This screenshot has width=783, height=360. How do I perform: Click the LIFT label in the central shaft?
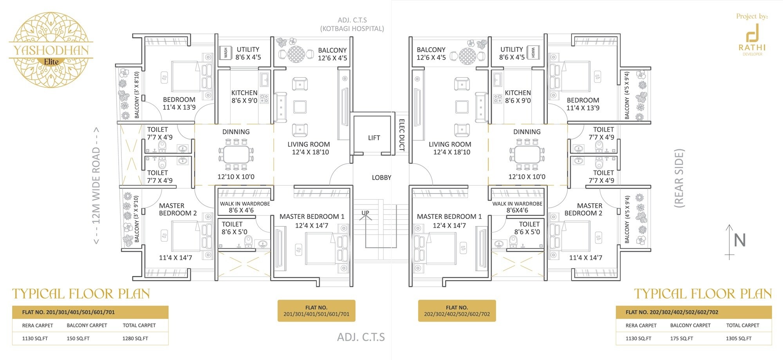pos(373,138)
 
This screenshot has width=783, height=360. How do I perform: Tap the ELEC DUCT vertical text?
pos(401,135)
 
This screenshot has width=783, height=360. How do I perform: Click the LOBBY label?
pos(381,177)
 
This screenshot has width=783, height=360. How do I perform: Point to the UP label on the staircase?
pos(365,213)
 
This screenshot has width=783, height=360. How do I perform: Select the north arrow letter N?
pos(739,240)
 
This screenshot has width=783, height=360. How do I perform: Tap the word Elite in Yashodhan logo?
pos(51,62)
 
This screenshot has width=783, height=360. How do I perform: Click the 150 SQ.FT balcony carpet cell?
pos(78,338)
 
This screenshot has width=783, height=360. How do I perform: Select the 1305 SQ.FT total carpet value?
pos(738,338)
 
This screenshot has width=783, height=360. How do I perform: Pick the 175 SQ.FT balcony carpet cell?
pos(681,338)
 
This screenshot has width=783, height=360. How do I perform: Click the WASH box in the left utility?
pos(226,53)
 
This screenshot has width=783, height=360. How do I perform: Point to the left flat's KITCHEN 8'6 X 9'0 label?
pos(244,97)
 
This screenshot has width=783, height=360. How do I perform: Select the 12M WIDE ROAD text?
pos(96,186)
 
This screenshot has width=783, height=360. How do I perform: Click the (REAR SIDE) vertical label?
pos(679,178)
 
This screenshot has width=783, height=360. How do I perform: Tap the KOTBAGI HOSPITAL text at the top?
pos(352,29)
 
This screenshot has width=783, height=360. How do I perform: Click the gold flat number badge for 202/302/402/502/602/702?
pos(456,311)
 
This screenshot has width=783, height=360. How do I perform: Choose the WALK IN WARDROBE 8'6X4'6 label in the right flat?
pos(517,207)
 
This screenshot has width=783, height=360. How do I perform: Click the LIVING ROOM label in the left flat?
pos(309,148)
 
